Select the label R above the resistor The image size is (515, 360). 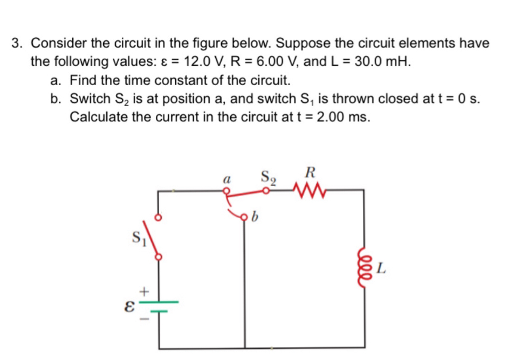coord(310,174)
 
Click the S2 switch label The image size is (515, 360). coord(269,177)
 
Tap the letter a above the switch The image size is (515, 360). coord(227,177)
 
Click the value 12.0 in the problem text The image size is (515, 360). coord(200,61)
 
